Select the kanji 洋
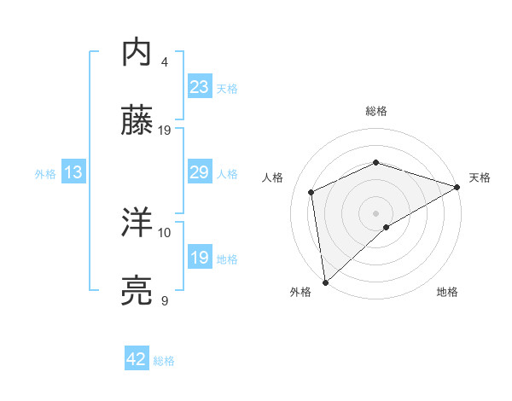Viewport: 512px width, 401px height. (137, 223)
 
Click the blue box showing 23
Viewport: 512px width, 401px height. (200, 86)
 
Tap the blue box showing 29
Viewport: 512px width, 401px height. (200, 172)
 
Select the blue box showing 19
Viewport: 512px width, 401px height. (200, 258)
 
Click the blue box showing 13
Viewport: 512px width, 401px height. (73, 172)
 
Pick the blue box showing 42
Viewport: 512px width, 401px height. (137, 359)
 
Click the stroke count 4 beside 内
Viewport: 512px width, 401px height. (165, 62)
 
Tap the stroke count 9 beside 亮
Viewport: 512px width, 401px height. (165, 300)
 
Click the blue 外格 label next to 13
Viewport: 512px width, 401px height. (45, 173)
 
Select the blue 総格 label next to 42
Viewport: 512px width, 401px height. (164, 360)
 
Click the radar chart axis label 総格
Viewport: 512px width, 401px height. (375, 112)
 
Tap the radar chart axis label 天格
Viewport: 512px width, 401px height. (480, 177)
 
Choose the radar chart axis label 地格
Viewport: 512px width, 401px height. (447, 292)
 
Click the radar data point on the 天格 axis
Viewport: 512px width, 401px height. (457, 187)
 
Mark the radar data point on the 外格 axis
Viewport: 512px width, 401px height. (325, 282)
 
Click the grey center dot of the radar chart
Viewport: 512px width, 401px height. (375, 212)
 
